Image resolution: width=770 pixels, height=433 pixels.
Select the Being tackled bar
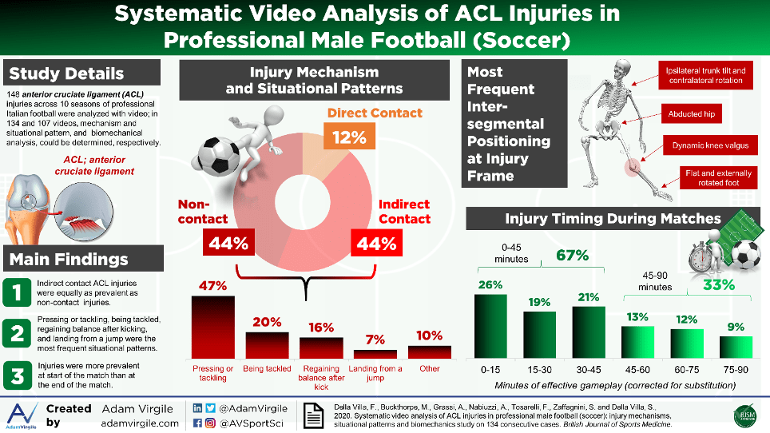click(x=267, y=345)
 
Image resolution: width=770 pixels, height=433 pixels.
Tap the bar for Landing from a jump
click(x=375, y=354)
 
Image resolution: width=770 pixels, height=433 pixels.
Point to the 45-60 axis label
click(x=637, y=369)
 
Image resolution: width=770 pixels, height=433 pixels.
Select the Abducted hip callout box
click(x=692, y=113)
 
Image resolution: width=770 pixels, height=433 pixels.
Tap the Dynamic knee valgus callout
click(x=705, y=146)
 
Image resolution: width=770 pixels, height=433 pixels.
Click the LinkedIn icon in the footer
click(x=199, y=408)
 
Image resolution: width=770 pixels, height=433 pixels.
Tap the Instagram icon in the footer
click(x=212, y=423)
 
